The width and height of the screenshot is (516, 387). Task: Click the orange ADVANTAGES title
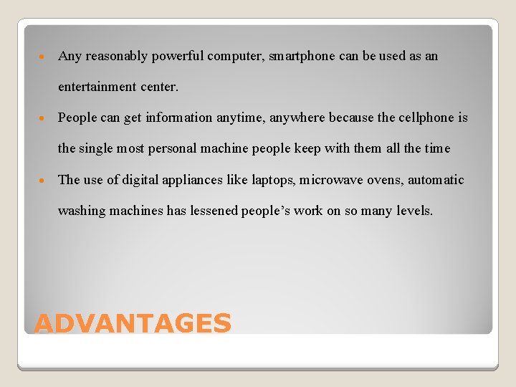click(x=133, y=323)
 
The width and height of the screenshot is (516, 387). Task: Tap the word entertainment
click(x=97, y=87)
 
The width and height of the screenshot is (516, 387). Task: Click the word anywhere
click(x=298, y=118)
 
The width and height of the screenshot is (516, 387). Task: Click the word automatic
click(x=436, y=180)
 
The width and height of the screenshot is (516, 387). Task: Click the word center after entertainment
click(x=159, y=87)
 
